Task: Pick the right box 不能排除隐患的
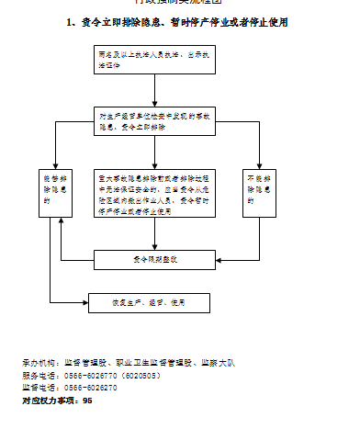coord(259,192)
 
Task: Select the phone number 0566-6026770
coord(89,376)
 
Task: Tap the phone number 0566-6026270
coord(89,388)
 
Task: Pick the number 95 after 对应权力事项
coord(87,401)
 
